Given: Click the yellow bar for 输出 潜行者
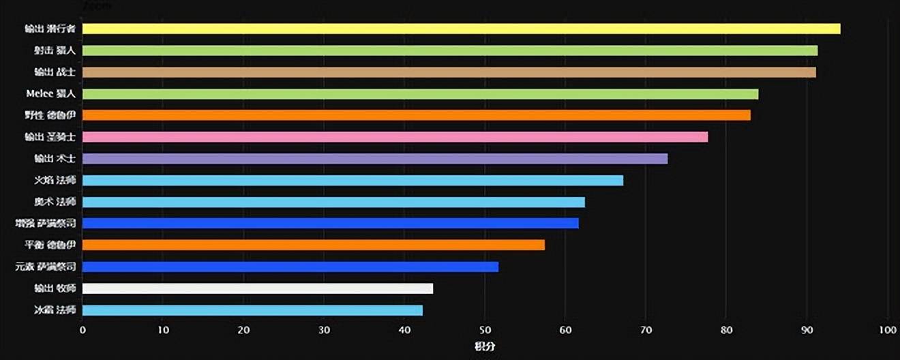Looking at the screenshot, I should tap(461, 29).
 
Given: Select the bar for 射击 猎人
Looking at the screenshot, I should tap(450, 50).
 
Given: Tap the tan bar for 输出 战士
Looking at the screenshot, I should tap(449, 72).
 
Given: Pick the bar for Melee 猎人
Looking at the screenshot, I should tap(420, 94).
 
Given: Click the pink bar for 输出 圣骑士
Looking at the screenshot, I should tap(395, 137).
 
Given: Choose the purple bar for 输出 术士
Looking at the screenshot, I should tap(375, 159).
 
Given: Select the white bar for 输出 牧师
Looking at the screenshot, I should tap(258, 288).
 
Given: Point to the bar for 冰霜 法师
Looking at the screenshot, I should tap(252, 310).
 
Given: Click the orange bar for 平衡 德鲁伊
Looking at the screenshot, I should tap(314, 245).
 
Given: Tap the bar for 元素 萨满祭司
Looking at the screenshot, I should tap(290, 267).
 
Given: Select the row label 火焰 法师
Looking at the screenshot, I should tap(55, 181).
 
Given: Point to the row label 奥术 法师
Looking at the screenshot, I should tap(55, 202).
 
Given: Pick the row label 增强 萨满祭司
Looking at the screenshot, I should tap(45, 224).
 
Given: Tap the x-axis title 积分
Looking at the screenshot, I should tap(485, 347).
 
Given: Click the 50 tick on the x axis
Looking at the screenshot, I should tap(485, 331).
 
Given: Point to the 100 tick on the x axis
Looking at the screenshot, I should tap(887, 331).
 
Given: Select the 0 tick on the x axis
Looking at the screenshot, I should tap(82, 331).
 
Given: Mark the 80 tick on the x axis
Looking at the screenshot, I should tap(726, 331).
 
